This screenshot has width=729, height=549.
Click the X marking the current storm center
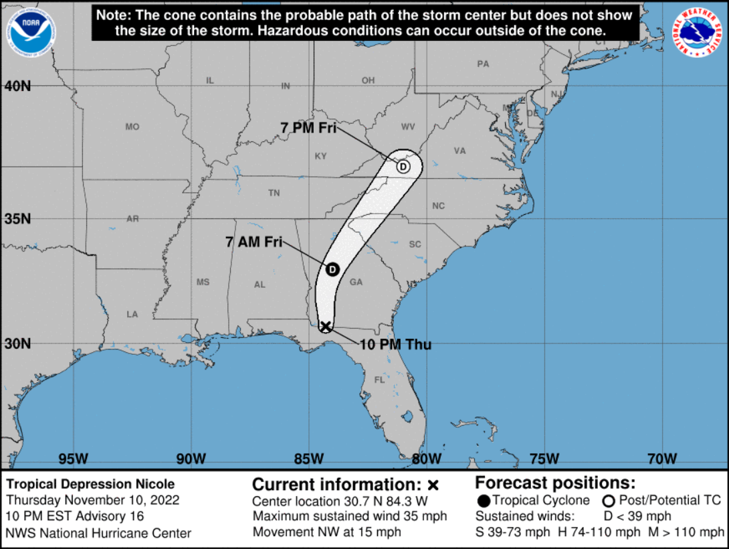click(x=326, y=326)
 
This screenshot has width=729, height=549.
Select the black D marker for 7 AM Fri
click(x=332, y=269)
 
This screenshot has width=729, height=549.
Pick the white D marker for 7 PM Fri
click(x=403, y=166)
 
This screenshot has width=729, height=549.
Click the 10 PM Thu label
click(x=396, y=345)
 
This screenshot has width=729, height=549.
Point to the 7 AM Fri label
click(x=253, y=242)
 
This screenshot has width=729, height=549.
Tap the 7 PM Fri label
click(x=308, y=128)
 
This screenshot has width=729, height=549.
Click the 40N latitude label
click(x=17, y=86)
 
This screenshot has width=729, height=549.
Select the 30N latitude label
click(x=17, y=343)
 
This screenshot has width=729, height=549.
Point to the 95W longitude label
click(x=74, y=459)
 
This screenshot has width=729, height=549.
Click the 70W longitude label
click(x=662, y=459)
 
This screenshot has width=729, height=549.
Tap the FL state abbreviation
click(x=380, y=380)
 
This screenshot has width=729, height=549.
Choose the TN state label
click(x=274, y=193)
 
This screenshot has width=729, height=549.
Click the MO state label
click(x=132, y=127)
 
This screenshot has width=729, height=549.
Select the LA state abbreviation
click(x=132, y=314)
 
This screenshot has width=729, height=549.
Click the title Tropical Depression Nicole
click(x=90, y=484)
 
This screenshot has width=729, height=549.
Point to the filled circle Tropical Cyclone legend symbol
click(x=484, y=501)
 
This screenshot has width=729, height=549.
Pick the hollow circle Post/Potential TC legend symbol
click(x=608, y=501)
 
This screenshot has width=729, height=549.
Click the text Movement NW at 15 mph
click(x=327, y=532)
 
